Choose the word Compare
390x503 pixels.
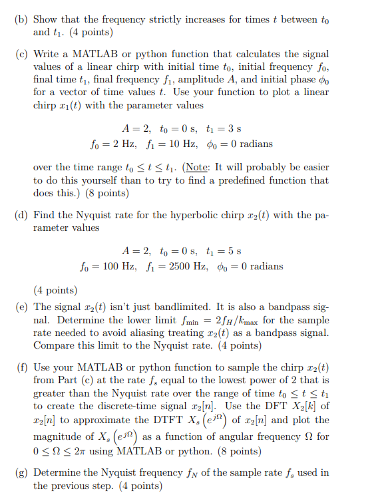pos(54,345)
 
